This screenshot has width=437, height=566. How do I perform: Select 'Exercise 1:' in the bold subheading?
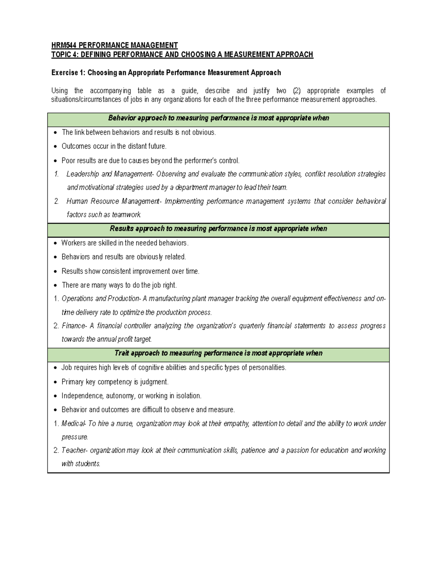(x=68, y=73)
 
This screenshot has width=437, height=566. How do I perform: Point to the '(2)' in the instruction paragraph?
(x=297, y=91)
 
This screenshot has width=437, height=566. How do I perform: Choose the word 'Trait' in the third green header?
(x=122, y=353)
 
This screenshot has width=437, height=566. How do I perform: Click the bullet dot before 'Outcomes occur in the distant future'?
(x=55, y=147)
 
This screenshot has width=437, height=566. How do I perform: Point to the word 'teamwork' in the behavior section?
(x=126, y=215)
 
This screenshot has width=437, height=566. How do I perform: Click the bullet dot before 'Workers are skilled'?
(x=55, y=243)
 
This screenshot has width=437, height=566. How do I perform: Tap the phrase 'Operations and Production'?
(x=101, y=298)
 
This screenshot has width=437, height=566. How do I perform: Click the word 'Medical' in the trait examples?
(x=73, y=423)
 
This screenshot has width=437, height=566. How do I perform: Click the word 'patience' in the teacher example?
(x=252, y=450)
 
